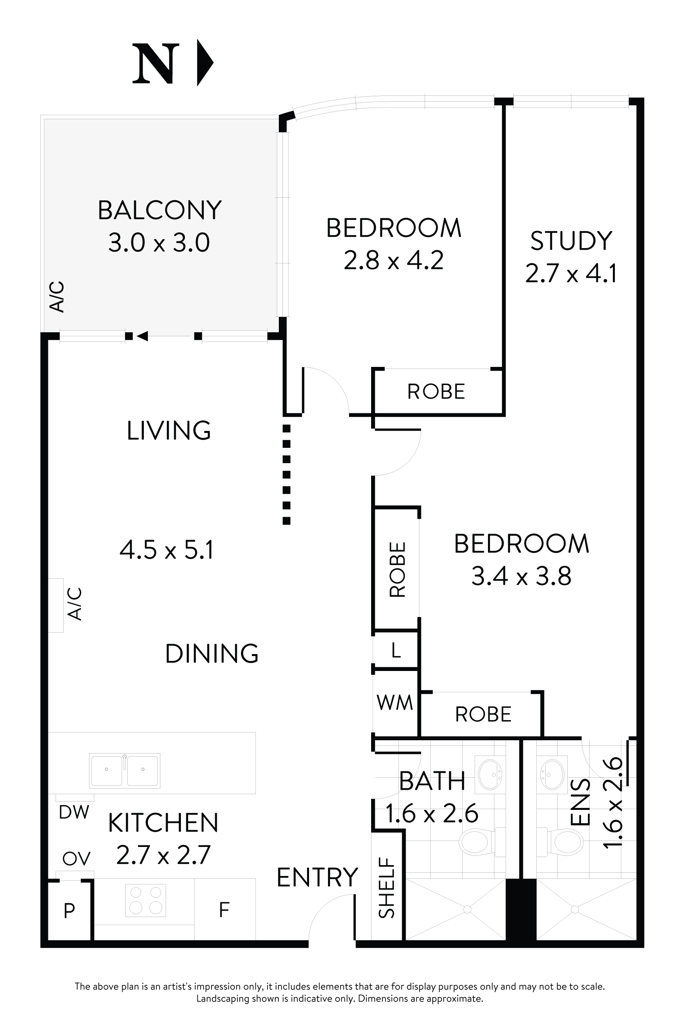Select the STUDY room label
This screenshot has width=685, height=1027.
(x=571, y=240)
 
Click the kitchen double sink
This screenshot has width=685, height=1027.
(x=125, y=771)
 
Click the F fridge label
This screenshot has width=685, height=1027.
(x=224, y=910)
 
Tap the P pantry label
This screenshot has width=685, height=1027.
(x=69, y=911)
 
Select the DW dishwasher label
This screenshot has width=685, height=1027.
(x=74, y=812)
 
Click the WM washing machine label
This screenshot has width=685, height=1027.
(x=395, y=703)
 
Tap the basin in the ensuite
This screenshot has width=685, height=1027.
(x=552, y=774)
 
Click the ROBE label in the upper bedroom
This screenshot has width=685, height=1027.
(x=436, y=392)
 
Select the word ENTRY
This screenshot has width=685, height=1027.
(x=318, y=878)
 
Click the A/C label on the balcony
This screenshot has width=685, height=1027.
(x=57, y=297)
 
